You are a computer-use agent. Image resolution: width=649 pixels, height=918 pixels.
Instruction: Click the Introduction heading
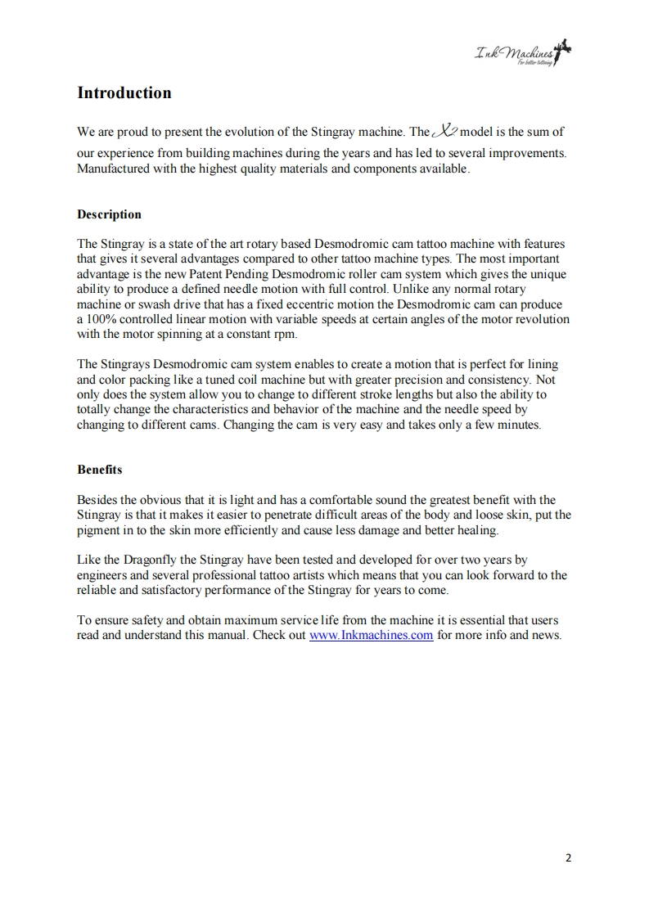pyautogui.click(x=124, y=92)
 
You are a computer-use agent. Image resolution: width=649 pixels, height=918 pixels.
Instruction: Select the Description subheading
pyautogui.click(x=109, y=214)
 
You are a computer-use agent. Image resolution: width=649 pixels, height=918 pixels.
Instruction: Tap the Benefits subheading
pyautogui.click(x=100, y=470)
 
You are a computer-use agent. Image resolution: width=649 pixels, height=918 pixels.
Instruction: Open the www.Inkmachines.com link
pyautogui.click(x=371, y=635)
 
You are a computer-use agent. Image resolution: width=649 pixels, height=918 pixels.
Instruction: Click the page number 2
pyautogui.click(x=569, y=857)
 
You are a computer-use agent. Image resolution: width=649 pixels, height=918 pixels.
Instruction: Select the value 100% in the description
pyautogui.click(x=102, y=319)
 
